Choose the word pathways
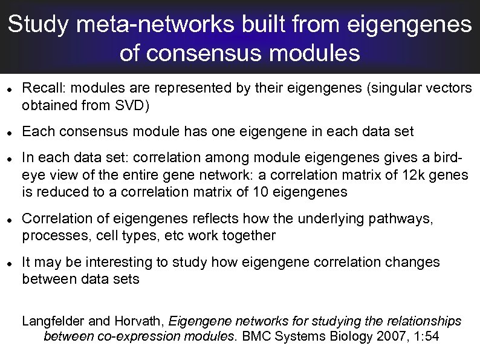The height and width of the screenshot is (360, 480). pyautogui.click(x=406, y=218)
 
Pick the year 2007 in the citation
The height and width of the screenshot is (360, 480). pyautogui.click(x=387, y=337)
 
